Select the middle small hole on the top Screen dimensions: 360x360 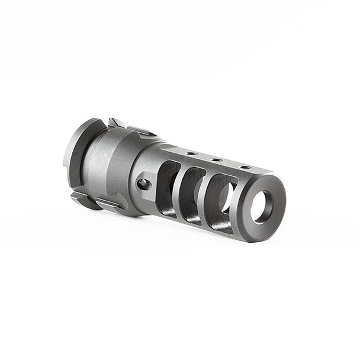point(217,160)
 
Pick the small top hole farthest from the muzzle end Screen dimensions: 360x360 point(191,153)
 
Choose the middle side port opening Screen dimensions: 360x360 point(191,188)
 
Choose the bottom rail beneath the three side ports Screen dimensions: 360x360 point(195,220)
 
